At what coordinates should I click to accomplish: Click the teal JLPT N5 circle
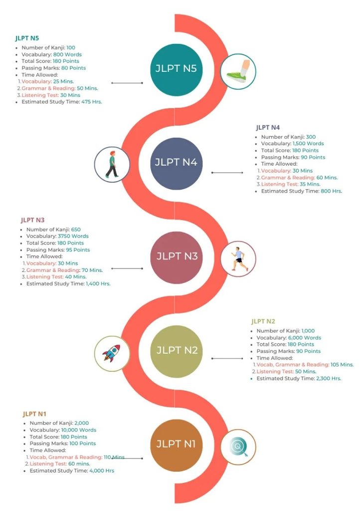(176, 69)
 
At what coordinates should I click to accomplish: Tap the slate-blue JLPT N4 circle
(176, 163)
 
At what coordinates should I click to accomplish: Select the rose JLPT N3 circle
(176, 256)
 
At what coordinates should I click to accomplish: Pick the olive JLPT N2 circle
(176, 350)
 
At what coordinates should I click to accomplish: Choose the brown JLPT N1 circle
(176, 444)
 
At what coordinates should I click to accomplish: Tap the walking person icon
(112, 164)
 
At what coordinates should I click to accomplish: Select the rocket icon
(112, 353)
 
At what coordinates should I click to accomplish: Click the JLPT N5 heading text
(27, 38)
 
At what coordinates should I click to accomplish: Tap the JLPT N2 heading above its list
(263, 321)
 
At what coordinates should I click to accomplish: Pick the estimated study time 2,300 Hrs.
(329, 379)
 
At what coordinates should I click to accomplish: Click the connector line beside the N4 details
(227, 172)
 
